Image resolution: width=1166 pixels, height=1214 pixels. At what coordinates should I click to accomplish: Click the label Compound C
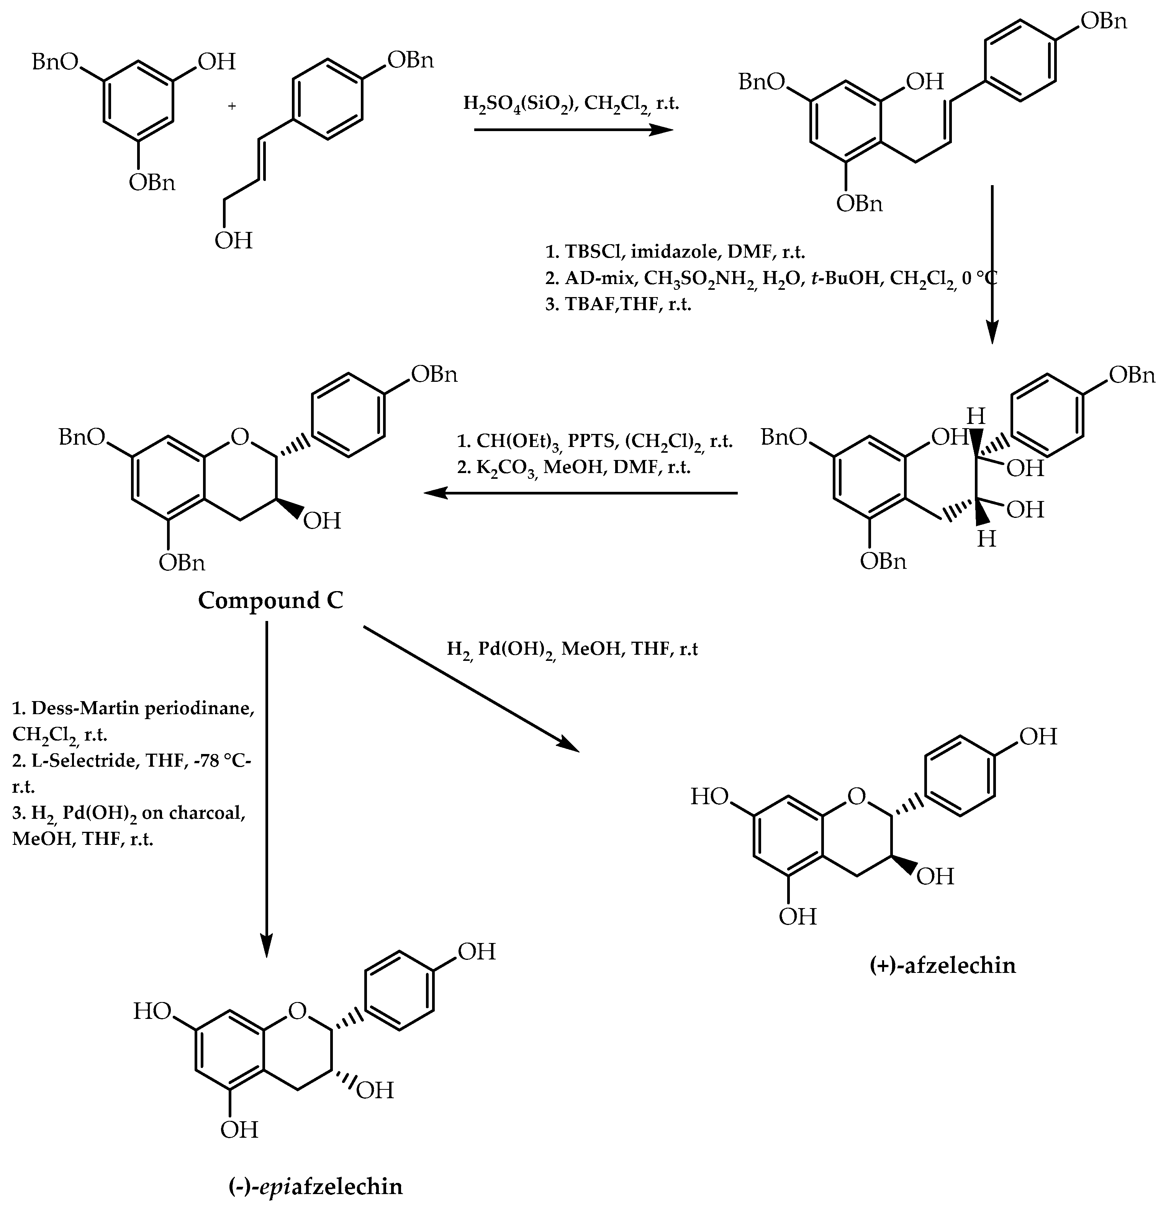click(x=270, y=600)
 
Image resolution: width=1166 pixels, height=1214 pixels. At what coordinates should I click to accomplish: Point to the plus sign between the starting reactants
click(x=232, y=106)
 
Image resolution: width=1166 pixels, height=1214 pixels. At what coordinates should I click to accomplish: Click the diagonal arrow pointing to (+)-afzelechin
click(x=470, y=689)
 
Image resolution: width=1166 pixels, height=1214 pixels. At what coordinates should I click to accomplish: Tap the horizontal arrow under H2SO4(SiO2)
click(x=573, y=130)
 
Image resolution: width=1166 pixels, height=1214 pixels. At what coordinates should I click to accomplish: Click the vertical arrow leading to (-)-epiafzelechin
click(x=266, y=787)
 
